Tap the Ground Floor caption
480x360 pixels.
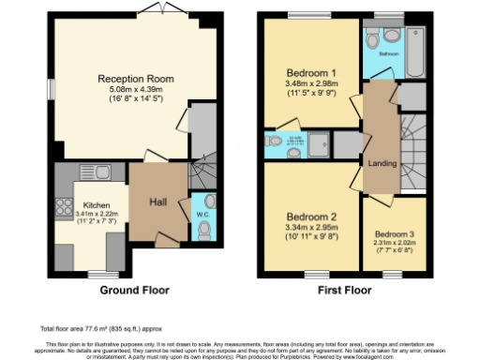(x=135, y=290)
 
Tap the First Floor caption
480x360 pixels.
(x=346, y=290)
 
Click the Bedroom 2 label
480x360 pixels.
(x=310, y=214)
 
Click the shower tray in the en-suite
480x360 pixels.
(x=321, y=142)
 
